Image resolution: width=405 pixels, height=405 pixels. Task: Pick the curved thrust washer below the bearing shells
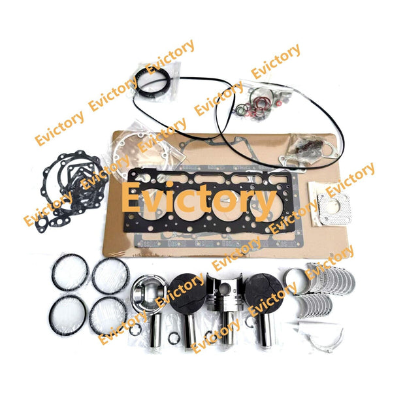327,336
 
